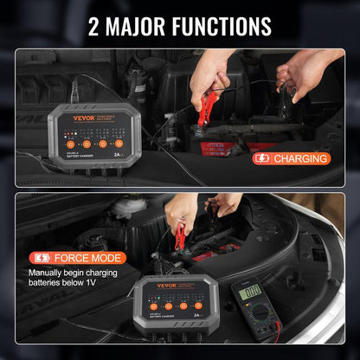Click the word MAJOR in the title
click(x=144, y=26)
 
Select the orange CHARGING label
click(x=291, y=158)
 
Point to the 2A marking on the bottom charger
click(x=202, y=317)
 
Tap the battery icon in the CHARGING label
click(x=261, y=158)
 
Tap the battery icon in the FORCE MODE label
click(x=41, y=257)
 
